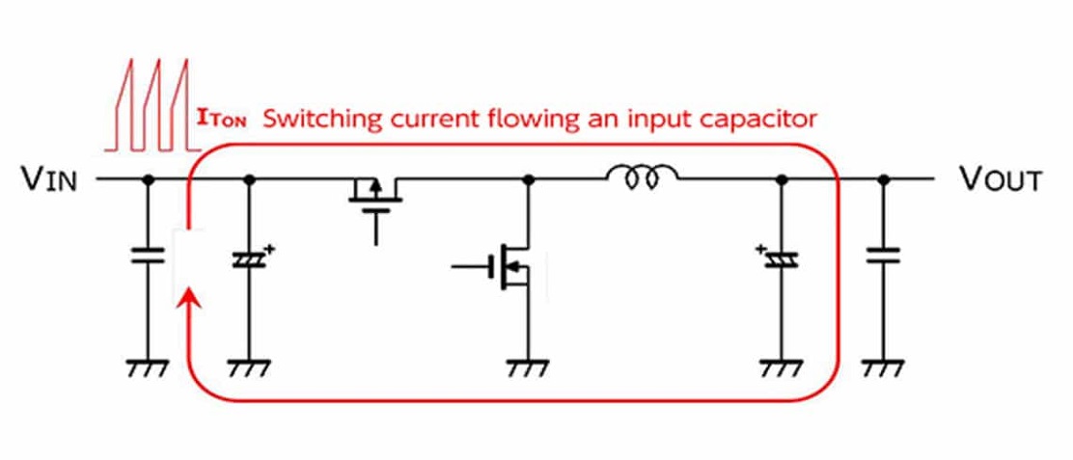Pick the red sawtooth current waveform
pyautogui.click(x=152, y=104)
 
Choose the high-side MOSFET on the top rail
pyautogui.click(x=375, y=205)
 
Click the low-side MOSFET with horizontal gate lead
pyautogui.click(x=507, y=266)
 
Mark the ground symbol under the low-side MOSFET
pyautogui.click(x=528, y=367)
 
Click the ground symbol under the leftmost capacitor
pyautogui.click(x=147, y=367)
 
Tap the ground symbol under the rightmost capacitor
pyautogui.click(x=884, y=367)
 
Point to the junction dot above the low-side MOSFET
pyautogui.click(x=528, y=179)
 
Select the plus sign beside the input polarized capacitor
pyautogui.click(x=269, y=250)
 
